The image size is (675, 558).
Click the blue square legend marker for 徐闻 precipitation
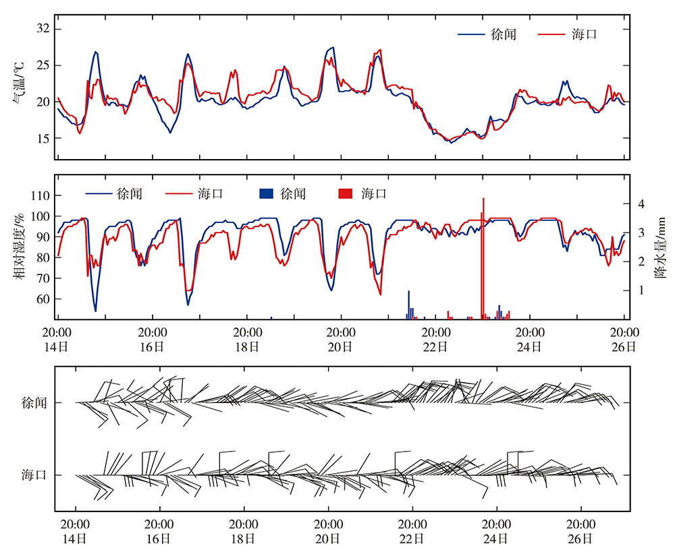click(265, 194)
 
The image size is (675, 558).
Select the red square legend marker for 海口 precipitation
click(345, 194)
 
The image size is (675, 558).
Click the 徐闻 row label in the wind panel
click(34, 403)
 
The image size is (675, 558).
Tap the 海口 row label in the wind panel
click(34, 475)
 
